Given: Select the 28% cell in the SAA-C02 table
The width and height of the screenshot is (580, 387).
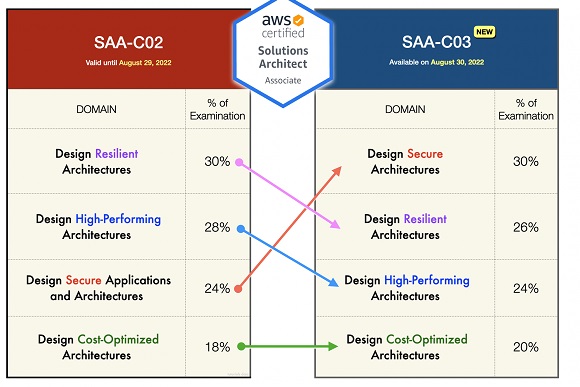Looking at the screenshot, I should (218, 228).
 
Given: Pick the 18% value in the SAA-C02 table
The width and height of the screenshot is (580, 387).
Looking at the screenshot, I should (218, 347).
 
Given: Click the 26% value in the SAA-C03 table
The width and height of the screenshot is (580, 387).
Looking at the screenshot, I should (526, 227).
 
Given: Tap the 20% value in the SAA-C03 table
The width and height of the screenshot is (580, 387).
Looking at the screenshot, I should (526, 347).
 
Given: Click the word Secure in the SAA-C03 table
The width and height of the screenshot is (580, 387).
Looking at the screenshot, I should (425, 154).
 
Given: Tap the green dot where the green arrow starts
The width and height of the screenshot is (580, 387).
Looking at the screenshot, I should (239, 347).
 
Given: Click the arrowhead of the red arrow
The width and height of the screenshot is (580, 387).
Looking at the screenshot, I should (338, 168).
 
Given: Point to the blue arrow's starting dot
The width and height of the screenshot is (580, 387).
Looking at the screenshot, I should (239, 229).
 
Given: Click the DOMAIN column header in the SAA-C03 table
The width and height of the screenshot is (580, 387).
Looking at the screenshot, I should (404, 109).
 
